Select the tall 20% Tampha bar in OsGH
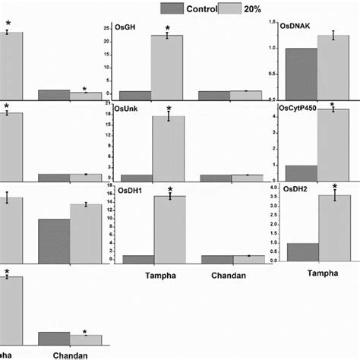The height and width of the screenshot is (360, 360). coord(167,68)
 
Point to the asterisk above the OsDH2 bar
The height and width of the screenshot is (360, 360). coord(333,187)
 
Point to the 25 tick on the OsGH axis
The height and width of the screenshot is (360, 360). coord(109,27)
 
